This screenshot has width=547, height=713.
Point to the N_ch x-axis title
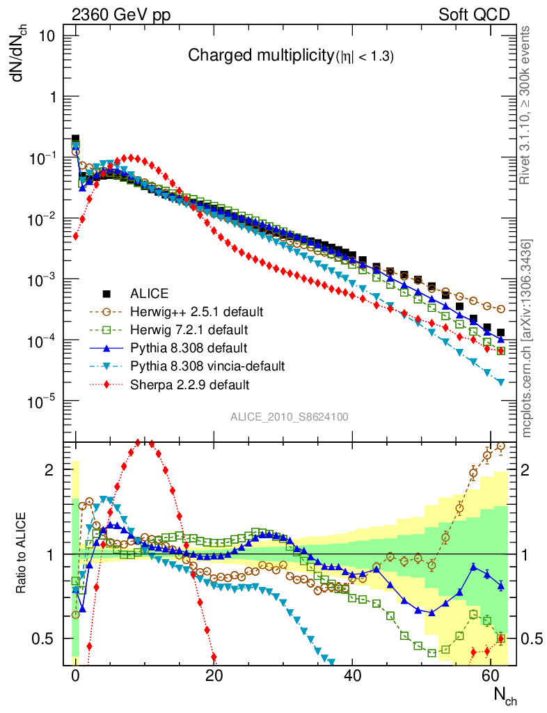[505, 696]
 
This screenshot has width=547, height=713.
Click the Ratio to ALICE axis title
[21, 554]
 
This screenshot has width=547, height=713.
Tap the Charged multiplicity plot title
[291, 57]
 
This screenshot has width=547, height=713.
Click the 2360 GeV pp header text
[121, 15]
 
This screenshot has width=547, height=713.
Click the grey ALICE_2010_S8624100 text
[290, 417]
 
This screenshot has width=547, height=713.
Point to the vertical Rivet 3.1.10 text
[527, 104]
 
